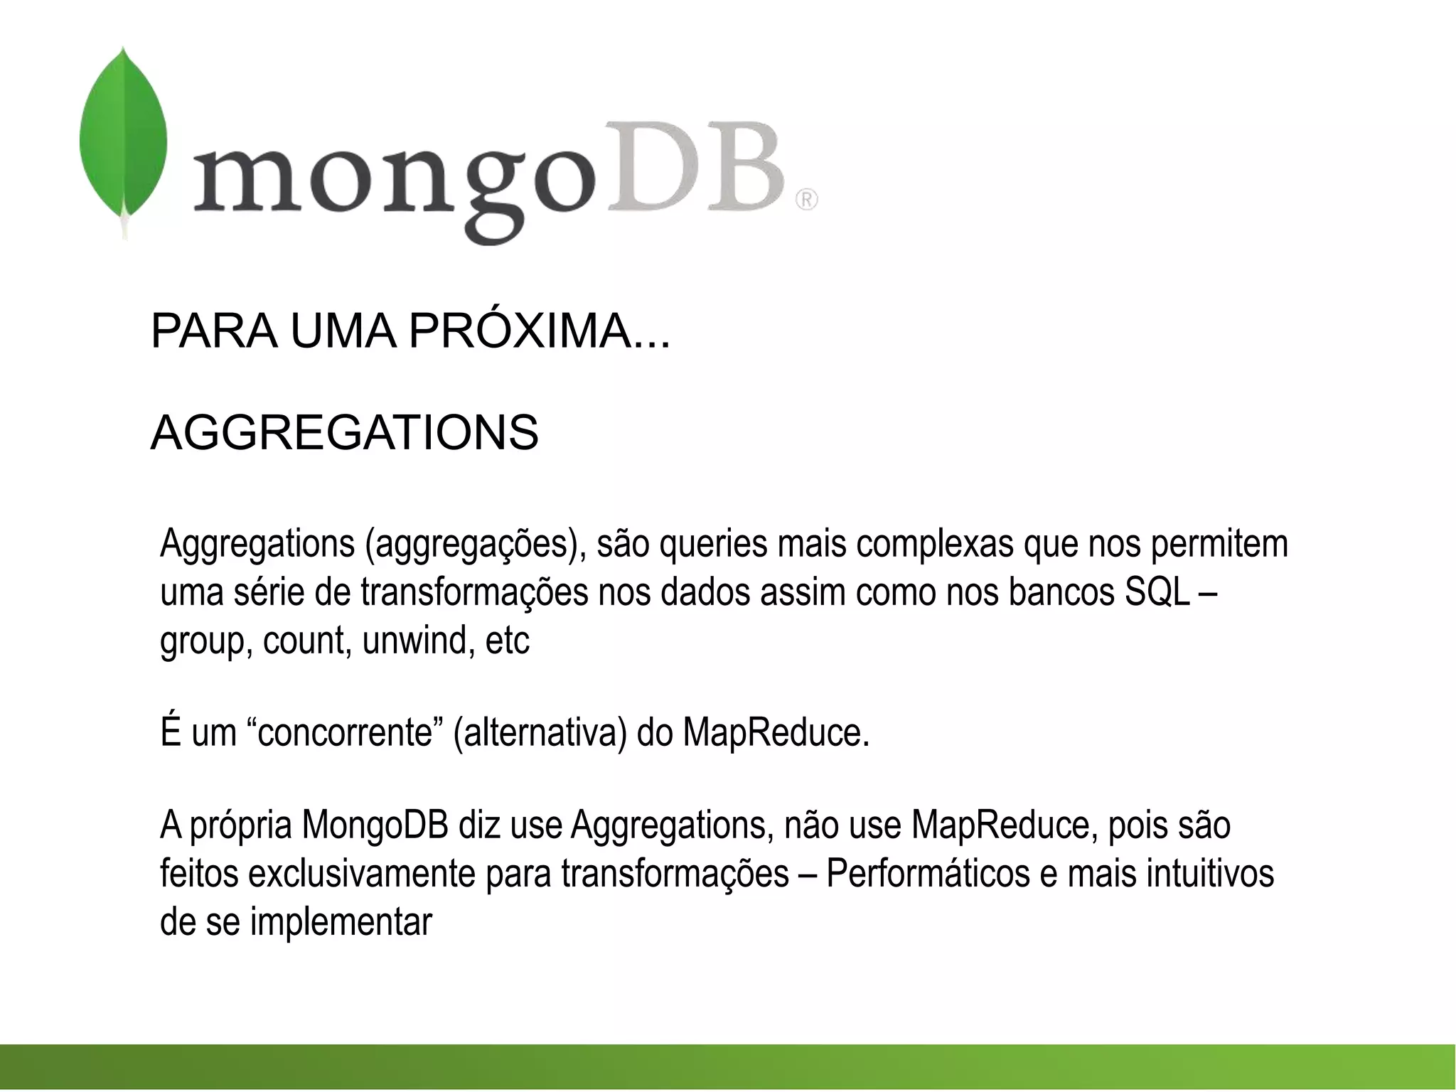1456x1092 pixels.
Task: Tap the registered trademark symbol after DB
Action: click(806, 200)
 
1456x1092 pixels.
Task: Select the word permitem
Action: click(1219, 544)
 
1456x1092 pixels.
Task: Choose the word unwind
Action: click(419, 641)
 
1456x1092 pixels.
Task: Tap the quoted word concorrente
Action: click(345, 733)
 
